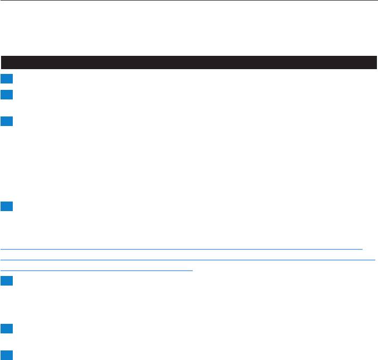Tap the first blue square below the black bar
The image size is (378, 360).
pyautogui.click(x=5, y=79)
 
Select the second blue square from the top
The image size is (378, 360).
pyautogui.click(x=5, y=95)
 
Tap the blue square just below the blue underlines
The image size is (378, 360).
pyautogui.click(x=5, y=281)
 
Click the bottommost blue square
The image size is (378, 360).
pyautogui.click(x=5, y=354)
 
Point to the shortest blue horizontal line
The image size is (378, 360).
pyautogui.click(x=96, y=271)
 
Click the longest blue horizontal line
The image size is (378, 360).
pyautogui.click(x=188, y=260)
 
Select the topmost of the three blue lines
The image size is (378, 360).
pyautogui.click(x=181, y=249)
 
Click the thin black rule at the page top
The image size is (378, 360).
pyautogui.click(x=189, y=1)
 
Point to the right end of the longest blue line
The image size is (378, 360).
pyautogui.click(x=375, y=260)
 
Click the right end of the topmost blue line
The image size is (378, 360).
pyautogui.click(x=361, y=249)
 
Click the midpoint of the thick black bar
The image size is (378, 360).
pyautogui.click(x=189, y=62)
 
